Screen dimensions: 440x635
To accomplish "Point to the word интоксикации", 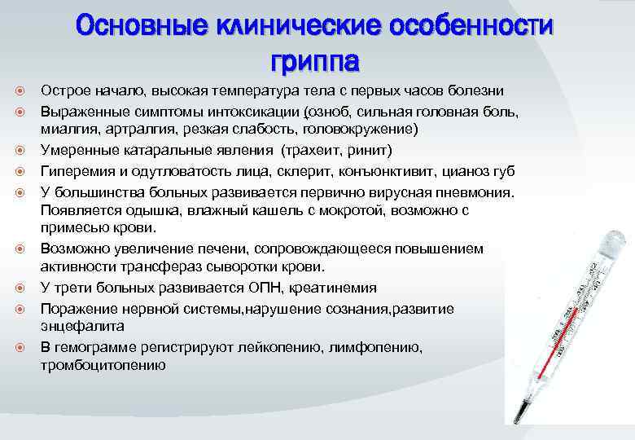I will (x=259, y=110).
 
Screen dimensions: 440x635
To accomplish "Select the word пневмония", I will (x=474, y=191).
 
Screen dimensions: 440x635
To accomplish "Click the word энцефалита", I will (x=82, y=325).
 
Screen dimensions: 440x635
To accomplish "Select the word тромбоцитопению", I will (x=103, y=365).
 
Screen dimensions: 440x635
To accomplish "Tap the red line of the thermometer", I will (x=562, y=342).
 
